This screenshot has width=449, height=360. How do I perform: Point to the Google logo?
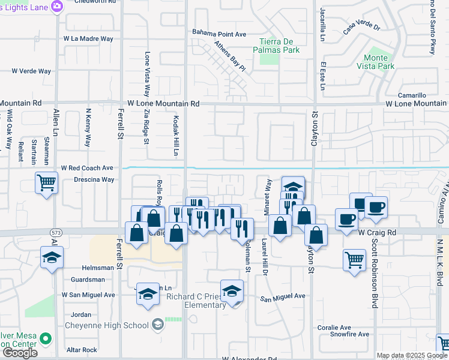[x=20, y=353]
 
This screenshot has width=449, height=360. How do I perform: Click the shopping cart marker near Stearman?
[x=47, y=182]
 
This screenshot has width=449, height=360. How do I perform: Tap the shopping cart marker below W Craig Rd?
[x=355, y=260]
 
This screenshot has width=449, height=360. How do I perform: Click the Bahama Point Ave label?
[x=219, y=34]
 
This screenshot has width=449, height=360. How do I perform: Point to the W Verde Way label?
[x=31, y=71]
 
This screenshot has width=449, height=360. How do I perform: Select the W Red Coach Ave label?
[x=86, y=168]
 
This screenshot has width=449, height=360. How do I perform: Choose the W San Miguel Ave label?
[x=88, y=295]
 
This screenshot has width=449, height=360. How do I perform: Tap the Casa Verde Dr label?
[x=362, y=27]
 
